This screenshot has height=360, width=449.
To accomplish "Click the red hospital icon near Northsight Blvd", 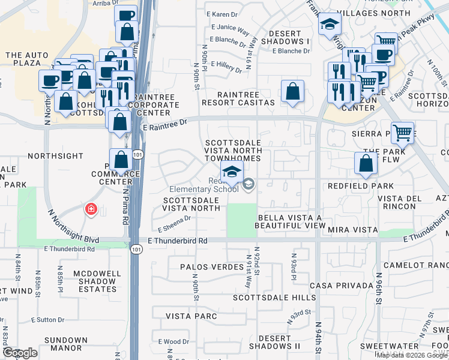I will tap(91, 209).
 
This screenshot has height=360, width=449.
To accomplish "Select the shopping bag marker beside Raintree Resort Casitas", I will tap(292, 92).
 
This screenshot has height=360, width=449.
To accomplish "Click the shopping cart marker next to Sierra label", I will tap(403, 133).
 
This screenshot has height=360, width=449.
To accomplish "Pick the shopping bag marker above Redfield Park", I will tap(366, 164).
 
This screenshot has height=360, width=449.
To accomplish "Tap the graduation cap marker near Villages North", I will tap(329, 25).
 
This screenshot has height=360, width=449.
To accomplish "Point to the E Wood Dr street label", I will tap(175, 341).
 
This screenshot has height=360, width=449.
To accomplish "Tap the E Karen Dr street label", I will tap(222, 14).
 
